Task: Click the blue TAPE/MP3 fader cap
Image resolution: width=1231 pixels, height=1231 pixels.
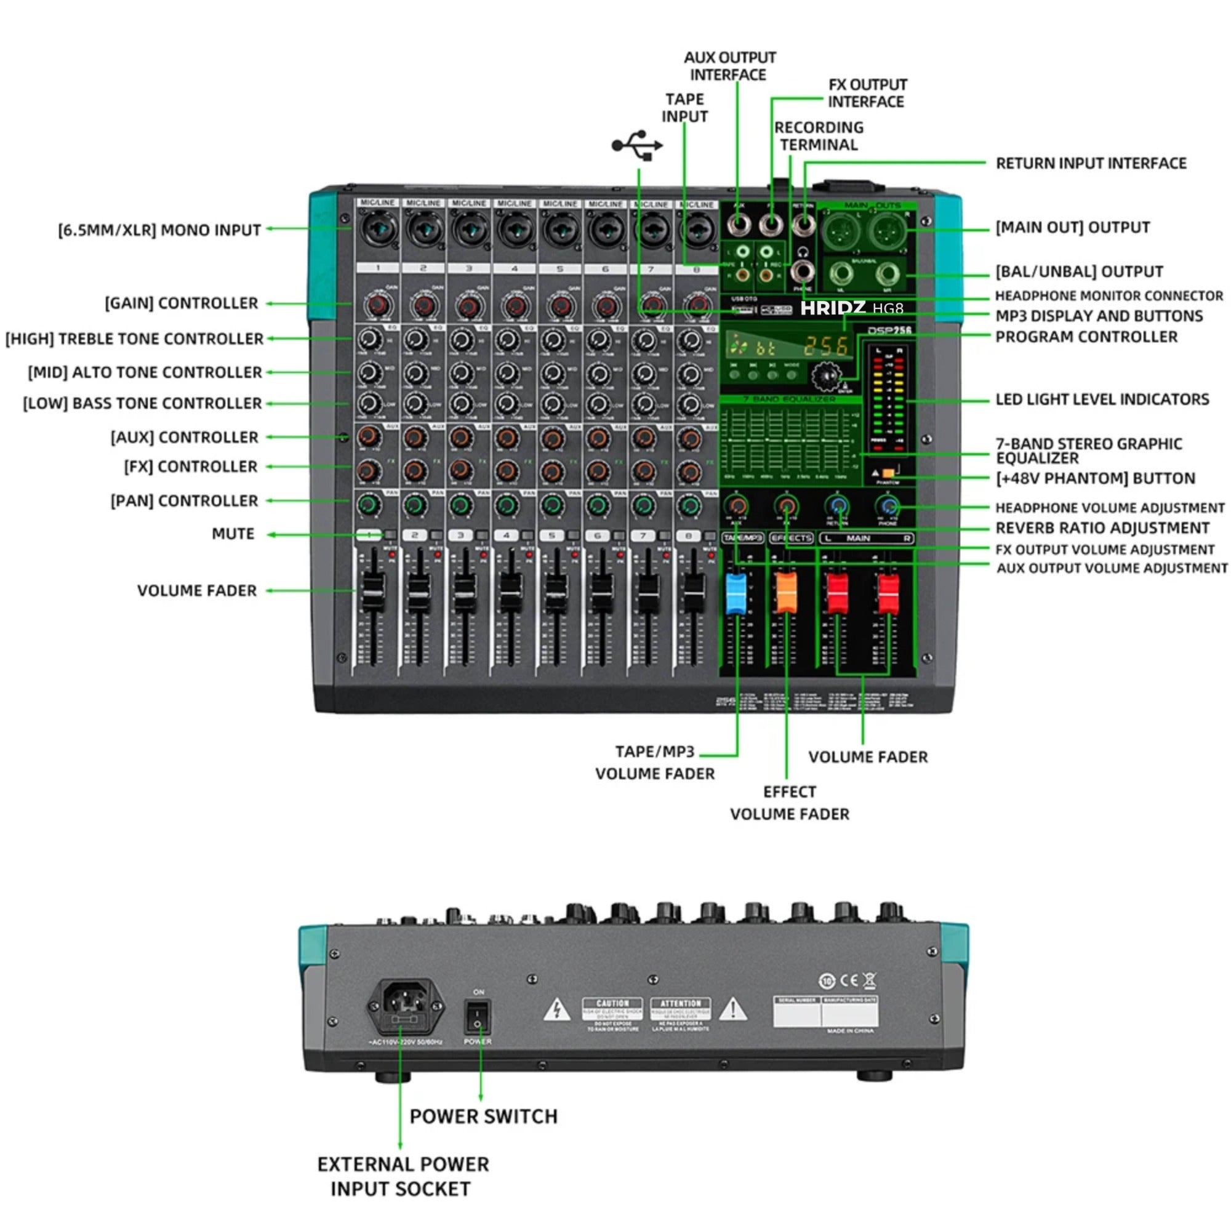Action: click(736, 593)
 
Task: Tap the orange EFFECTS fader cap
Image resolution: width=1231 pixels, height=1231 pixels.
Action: click(785, 593)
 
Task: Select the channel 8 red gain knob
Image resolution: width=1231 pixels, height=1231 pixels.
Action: click(698, 306)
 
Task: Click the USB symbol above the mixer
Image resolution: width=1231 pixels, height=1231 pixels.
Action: click(636, 145)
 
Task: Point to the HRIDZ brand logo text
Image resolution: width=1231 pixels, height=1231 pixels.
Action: click(832, 308)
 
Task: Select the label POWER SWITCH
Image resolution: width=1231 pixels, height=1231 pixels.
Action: click(483, 1117)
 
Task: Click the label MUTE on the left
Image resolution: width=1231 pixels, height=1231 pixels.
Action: click(233, 534)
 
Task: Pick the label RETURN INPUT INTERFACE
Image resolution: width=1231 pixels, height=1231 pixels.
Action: click(1090, 164)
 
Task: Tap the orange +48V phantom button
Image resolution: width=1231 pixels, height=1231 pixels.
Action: click(888, 473)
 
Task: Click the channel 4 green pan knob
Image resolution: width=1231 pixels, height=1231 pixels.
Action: click(507, 505)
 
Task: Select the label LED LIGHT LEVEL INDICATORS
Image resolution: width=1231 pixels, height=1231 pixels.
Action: click(1102, 399)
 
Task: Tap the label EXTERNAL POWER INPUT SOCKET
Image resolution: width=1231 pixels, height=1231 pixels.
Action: click(403, 1176)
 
